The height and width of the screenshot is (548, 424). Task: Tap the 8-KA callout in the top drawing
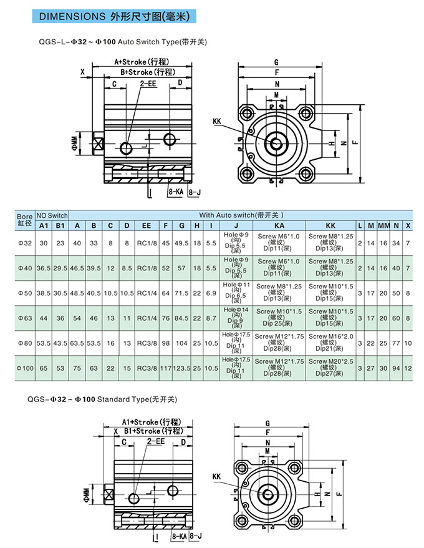(176, 192)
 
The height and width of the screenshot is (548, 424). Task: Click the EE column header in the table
(147, 225)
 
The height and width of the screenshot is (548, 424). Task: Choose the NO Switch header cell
(51, 215)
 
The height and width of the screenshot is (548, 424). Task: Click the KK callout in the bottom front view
(217, 477)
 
